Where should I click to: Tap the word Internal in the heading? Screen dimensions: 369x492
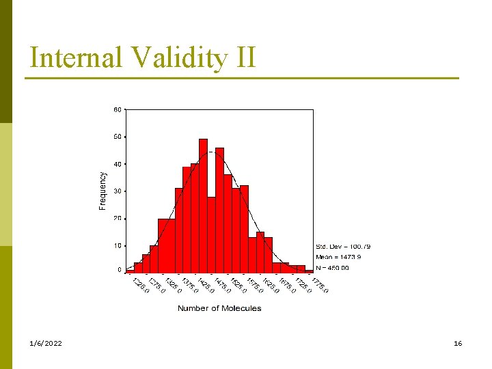[x=74, y=57]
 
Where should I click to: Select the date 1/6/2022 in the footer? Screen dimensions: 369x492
[x=46, y=343]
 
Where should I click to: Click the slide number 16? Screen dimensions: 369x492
[x=458, y=343]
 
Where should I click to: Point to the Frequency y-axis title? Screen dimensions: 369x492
[x=103, y=190]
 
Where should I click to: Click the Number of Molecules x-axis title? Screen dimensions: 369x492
[x=219, y=308]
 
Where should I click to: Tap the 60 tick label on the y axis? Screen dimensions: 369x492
[x=118, y=109]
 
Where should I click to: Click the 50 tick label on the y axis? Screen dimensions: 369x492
[x=118, y=137]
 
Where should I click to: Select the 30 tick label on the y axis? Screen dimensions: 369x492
[x=118, y=191]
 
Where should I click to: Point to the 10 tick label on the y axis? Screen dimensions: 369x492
[x=118, y=245]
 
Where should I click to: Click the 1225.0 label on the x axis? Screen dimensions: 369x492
[x=139, y=284]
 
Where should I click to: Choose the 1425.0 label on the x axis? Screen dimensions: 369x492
[x=205, y=284]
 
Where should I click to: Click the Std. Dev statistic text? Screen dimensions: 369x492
[x=343, y=246]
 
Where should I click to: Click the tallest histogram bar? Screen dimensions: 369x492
[x=203, y=205]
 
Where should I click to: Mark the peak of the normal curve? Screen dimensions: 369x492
[x=212, y=152]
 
